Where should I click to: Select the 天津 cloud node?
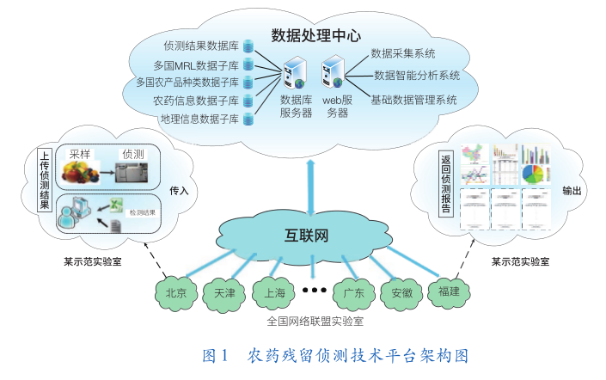click(x=225, y=293)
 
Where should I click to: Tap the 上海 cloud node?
click(x=275, y=293)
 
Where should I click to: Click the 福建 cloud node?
click(x=448, y=291)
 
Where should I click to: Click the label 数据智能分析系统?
click(x=417, y=76)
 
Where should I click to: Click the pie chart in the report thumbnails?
click(x=533, y=175)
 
